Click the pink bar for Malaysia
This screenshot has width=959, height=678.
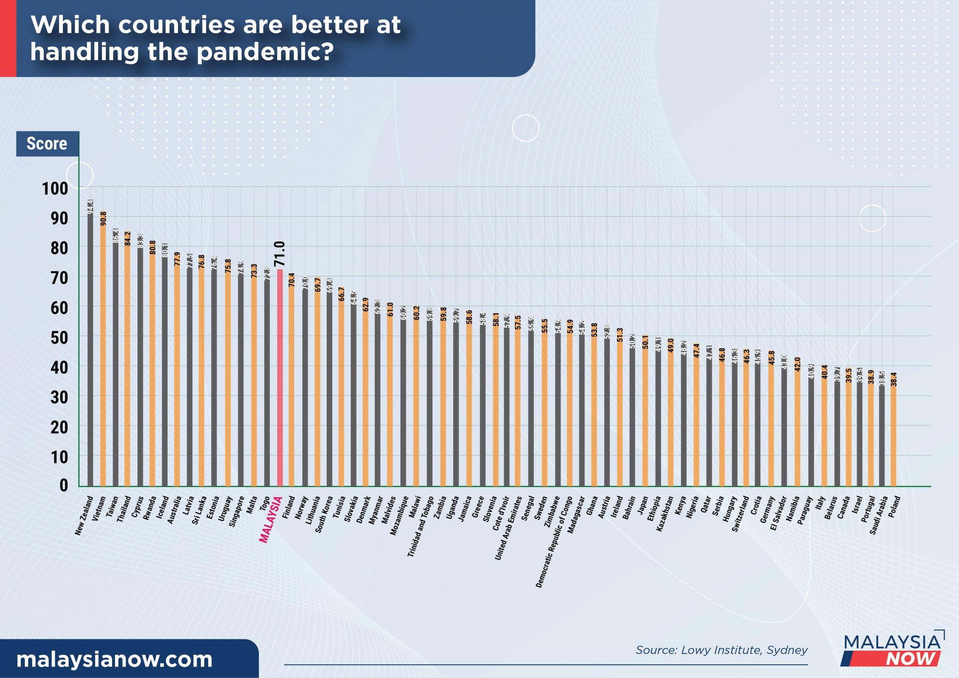[279, 378]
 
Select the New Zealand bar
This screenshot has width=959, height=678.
[90, 347]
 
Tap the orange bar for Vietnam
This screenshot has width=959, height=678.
[103, 351]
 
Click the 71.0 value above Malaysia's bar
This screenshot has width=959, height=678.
[279, 253]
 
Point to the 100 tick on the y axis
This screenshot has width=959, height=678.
[55, 189]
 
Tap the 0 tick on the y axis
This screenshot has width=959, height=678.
[63, 486]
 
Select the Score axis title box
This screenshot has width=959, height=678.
[47, 144]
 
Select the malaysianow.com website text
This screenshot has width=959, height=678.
[114, 660]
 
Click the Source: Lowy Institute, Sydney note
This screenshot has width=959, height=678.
[721, 650]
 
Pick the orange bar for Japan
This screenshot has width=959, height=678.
[645, 411]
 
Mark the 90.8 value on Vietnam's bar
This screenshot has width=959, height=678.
[103, 218]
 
